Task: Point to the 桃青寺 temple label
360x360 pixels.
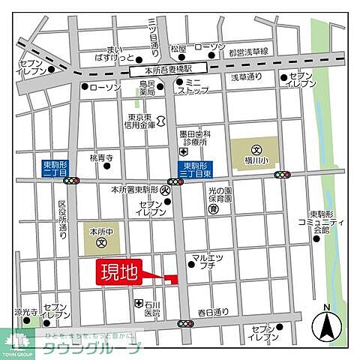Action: coord(100,158)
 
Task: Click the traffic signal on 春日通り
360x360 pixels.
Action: coord(184,323)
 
